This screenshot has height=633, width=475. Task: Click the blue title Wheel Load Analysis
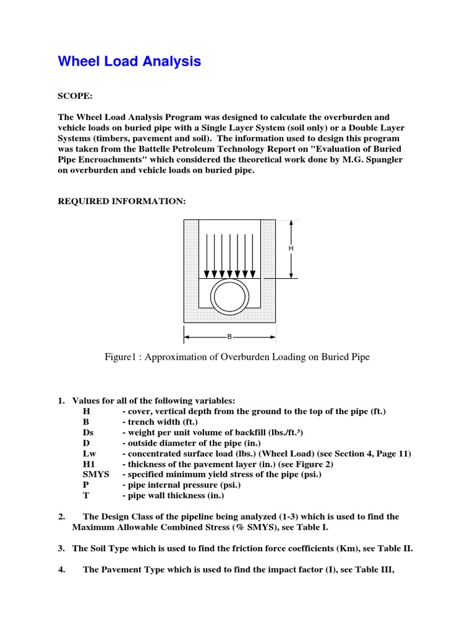click(x=129, y=61)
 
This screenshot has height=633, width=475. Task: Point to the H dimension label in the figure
click(x=291, y=248)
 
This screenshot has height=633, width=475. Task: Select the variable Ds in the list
click(x=88, y=432)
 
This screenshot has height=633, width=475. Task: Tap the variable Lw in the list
click(x=89, y=453)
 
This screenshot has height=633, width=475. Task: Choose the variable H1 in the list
click(x=89, y=464)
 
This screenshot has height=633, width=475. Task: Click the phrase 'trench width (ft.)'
click(x=160, y=422)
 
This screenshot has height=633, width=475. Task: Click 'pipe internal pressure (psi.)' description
click(x=180, y=485)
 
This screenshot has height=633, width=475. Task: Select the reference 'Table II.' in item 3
click(x=395, y=548)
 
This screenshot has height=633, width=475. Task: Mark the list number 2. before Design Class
click(x=62, y=517)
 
